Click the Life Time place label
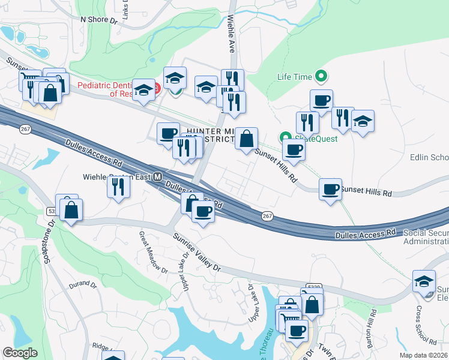(x=295, y=77)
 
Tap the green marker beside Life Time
(x=322, y=76)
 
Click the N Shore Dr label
(x=98, y=20)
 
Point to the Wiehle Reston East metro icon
(x=158, y=177)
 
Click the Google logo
(x=19, y=353)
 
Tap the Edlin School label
(x=429, y=158)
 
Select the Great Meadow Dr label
(x=153, y=253)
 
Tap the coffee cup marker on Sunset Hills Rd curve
(x=330, y=190)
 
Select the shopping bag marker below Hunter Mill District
(x=246, y=139)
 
